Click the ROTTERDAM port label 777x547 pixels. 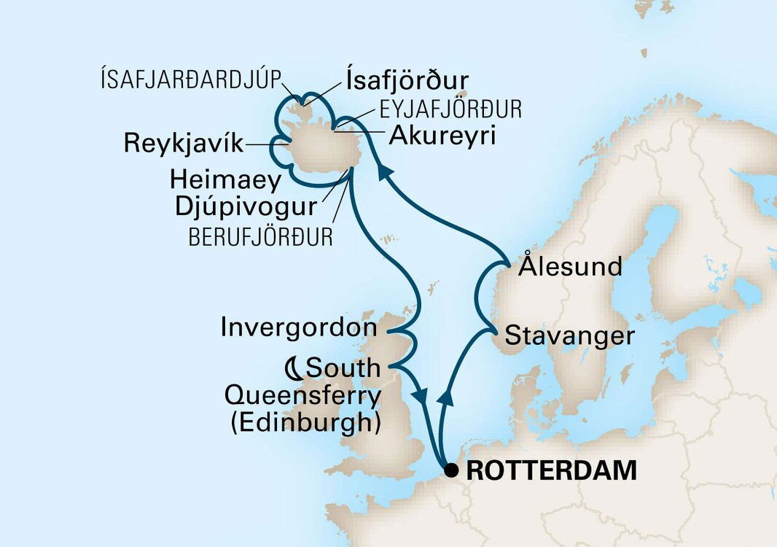tap(551, 470)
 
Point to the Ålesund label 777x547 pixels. tap(570, 266)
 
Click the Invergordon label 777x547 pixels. tap(300, 327)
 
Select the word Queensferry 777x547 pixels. tap(302, 396)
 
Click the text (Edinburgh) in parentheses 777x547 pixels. tap(305, 423)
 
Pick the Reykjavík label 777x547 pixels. tap(184, 144)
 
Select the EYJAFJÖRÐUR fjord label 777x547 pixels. tap(449, 110)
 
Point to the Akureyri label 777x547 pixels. tap(442, 136)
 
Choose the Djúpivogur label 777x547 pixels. tap(246, 206)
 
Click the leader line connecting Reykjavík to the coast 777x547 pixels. tap(258, 144)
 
